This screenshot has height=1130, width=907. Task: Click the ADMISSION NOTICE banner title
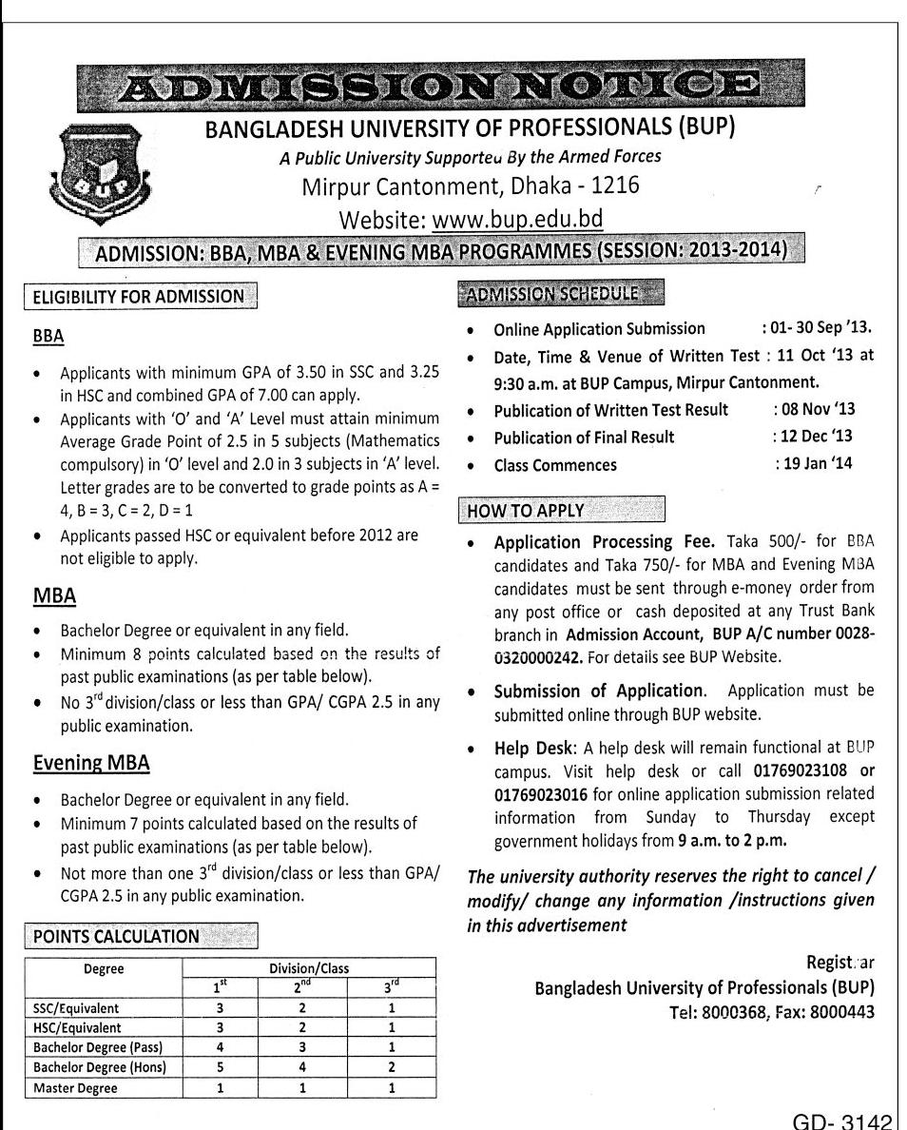pos(437,92)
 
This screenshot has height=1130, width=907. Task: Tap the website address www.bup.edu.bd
pos(517,220)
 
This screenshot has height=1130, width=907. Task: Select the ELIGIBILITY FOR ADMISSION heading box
pos(139,296)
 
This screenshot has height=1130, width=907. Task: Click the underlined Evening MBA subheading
pos(91,764)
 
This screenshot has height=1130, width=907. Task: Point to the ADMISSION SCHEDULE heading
pos(561,293)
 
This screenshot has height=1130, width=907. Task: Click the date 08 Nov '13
pos(814,410)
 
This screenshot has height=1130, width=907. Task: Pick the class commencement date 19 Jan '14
pos(814,465)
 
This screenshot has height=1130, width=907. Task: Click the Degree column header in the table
pos(104,969)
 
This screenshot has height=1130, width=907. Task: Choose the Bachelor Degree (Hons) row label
pos(100,1067)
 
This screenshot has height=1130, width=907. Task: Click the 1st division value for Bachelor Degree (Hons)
pos(220,1067)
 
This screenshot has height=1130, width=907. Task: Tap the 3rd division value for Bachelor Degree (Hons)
pos(391,1067)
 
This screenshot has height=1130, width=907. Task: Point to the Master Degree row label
pos(75,1088)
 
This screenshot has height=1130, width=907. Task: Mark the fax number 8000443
pos(839,1012)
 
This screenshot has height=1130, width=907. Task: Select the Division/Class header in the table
pos(308,968)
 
